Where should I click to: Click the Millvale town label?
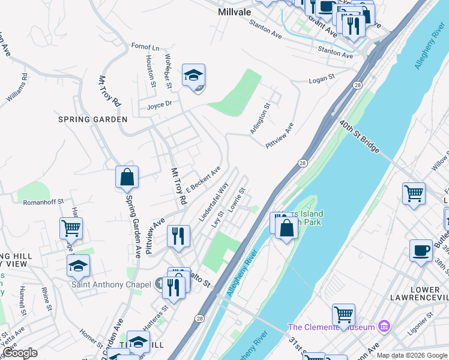pos(238,11)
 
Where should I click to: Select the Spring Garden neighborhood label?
pos(93,119)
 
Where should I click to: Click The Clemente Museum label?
pos(331,327)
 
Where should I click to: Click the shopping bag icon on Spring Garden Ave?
pos(127,177)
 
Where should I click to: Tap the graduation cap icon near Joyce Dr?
pos(194,76)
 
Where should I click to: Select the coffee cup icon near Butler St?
pos(421,251)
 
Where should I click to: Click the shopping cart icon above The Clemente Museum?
pos(343,314)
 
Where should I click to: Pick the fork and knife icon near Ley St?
pos(178,236)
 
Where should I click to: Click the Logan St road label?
pos(321,79)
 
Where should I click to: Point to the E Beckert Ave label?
pos(203,179)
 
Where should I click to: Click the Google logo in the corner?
pos(20,353)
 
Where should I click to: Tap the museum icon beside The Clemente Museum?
pos(385,327)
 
